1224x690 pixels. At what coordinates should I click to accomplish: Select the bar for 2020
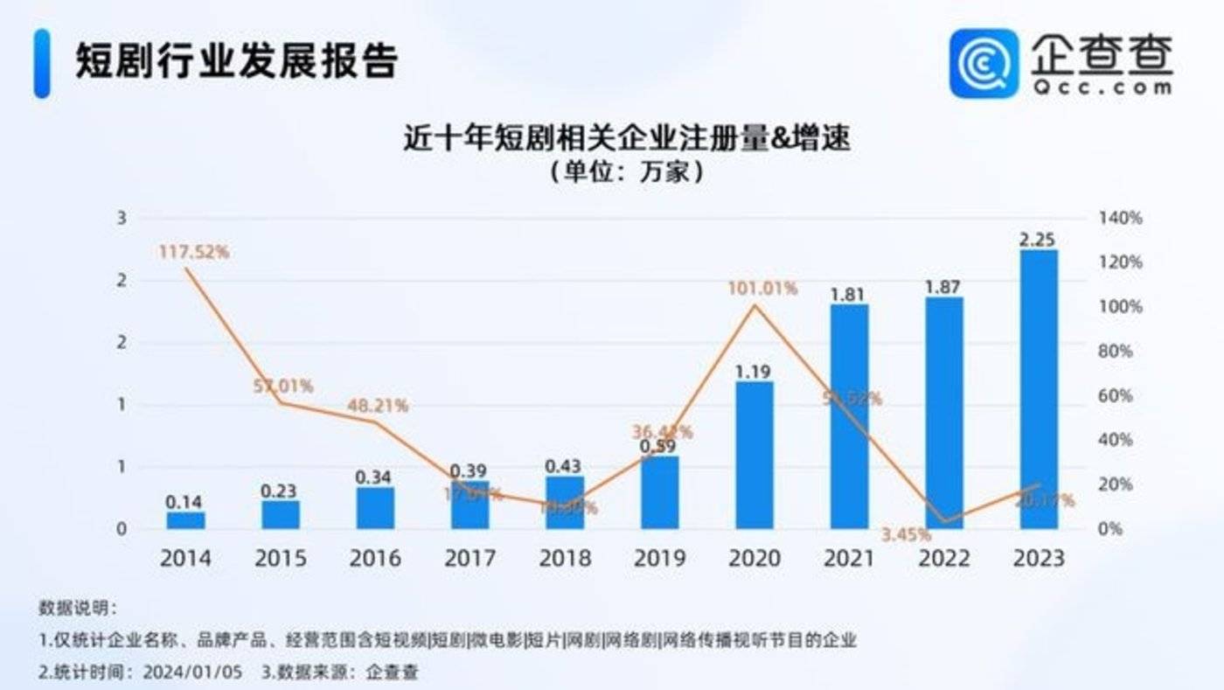pyautogui.click(x=754, y=455)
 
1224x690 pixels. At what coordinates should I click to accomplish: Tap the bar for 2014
pyautogui.click(x=185, y=520)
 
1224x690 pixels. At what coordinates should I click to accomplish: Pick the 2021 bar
pyautogui.click(x=849, y=416)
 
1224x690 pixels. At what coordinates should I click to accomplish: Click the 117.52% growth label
pyautogui.click(x=194, y=252)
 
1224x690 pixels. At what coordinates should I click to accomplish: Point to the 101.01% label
pyautogui.click(x=763, y=288)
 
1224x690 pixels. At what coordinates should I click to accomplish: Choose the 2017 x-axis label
pyautogui.click(x=469, y=558)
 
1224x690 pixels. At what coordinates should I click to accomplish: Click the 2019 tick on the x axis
pyautogui.click(x=659, y=558)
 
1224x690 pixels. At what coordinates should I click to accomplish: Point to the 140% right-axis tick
pyautogui.click(x=1120, y=218)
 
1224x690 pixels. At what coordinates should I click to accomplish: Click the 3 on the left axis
pyautogui.click(x=122, y=218)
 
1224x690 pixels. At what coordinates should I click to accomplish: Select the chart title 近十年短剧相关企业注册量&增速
pyautogui.click(x=626, y=138)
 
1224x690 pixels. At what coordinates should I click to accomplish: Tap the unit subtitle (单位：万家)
pyautogui.click(x=626, y=171)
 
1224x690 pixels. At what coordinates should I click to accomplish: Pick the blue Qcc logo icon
pyautogui.click(x=984, y=63)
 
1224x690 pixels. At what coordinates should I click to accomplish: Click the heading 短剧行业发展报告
pyautogui.click(x=236, y=61)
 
